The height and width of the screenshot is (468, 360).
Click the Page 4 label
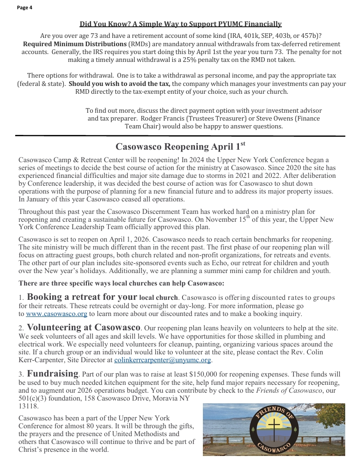tap(24, 7)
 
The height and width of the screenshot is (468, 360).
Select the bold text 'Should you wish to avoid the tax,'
tap(119, 84)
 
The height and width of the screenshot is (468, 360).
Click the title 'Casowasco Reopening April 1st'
tap(180, 146)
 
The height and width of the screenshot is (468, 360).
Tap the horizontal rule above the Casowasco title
tap(180, 136)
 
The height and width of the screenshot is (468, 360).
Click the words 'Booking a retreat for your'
tap(82, 297)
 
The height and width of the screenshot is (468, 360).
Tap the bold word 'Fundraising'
tap(52, 373)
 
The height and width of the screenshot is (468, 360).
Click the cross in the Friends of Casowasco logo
tap(274, 427)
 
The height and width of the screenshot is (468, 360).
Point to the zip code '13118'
tap(29, 407)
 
